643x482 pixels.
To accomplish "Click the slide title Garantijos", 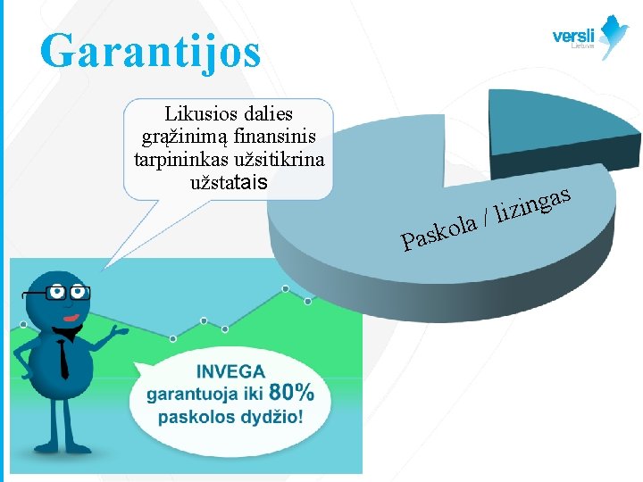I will click(x=150, y=51).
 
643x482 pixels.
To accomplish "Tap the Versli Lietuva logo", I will click(x=590, y=37).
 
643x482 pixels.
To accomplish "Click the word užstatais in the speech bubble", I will click(x=229, y=183).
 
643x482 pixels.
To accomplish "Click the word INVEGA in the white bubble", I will click(x=230, y=371).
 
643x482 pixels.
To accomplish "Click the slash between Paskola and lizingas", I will click(x=485, y=216).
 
